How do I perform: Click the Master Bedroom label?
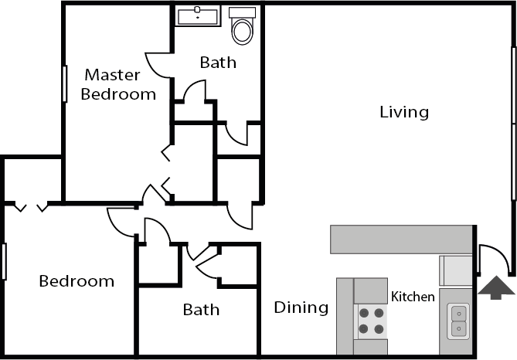(x=118, y=85)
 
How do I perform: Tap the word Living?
(x=403, y=112)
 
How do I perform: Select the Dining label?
(x=301, y=308)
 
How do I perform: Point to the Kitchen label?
(x=413, y=296)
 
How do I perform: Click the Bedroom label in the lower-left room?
(x=77, y=281)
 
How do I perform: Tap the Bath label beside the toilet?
(x=218, y=63)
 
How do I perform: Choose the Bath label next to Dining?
(x=201, y=310)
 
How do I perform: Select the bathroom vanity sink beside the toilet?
(x=199, y=15)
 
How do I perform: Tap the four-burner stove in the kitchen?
(x=370, y=321)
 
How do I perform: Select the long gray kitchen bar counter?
(x=401, y=239)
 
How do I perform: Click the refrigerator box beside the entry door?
(x=454, y=270)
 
